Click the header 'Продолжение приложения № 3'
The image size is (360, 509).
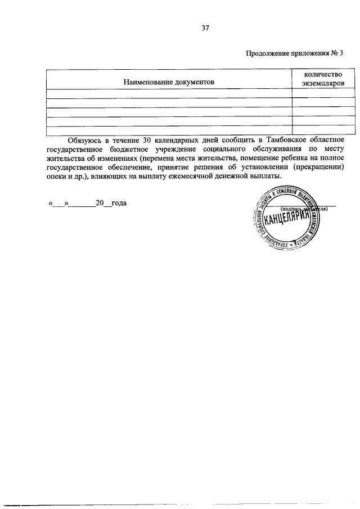click(294, 54)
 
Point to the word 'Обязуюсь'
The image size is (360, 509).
click(85, 139)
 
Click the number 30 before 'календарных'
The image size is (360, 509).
click(148, 139)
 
